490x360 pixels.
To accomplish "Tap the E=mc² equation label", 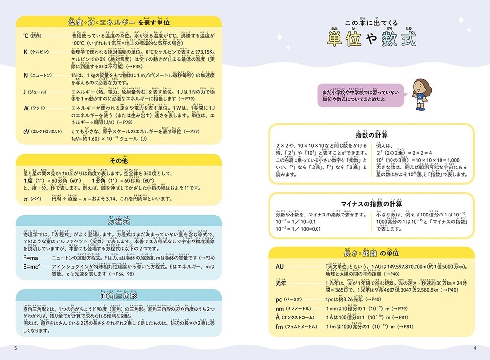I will point(32,266).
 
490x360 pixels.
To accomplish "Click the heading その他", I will point(119,161).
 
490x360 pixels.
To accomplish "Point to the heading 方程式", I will point(119,221).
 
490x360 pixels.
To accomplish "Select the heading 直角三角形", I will point(119,296).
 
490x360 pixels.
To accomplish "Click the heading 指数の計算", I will point(371,135).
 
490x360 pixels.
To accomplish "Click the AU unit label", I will point(280,266).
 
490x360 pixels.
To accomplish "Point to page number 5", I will point(16,348).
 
